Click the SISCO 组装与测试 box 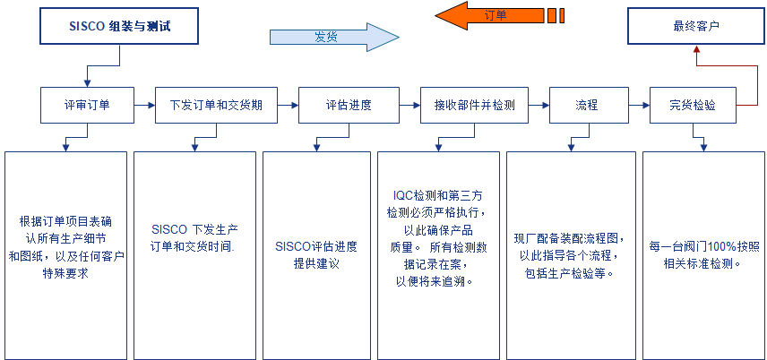coord(119,27)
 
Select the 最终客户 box coord(695,27)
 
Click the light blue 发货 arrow coord(332,37)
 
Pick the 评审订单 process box coord(88,105)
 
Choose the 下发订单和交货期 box coord(216,105)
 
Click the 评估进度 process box coord(348,105)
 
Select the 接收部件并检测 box coord(474,105)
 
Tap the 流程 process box coord(586,105)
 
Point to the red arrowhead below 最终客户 coord(696,51)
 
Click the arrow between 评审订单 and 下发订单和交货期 coord(144,105)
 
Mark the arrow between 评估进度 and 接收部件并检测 coord(409,105)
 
